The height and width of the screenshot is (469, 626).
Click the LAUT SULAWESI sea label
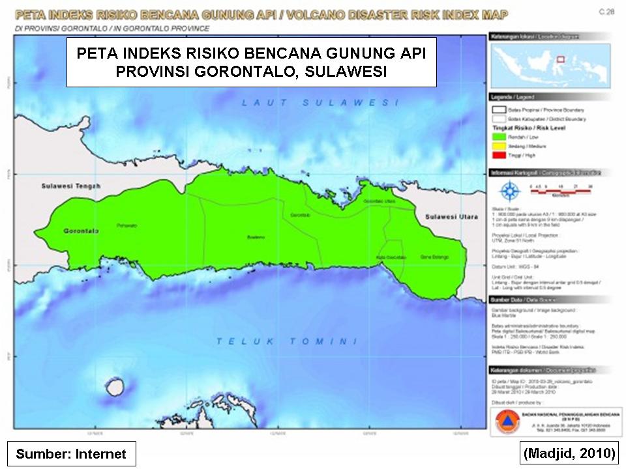[x=320, y=103]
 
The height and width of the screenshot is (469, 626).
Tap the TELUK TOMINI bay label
[x=287, y=341]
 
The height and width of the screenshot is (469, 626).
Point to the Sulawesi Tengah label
[x=71, y=186]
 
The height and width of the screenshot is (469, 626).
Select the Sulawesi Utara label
[x=450, y=216]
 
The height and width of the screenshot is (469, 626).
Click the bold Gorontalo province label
[x=81, y=231]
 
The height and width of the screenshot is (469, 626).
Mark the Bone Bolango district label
[x=434, y=257]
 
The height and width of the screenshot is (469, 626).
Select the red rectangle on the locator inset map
[x=559, y=57]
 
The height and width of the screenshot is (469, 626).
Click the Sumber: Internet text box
[x=71, y=453]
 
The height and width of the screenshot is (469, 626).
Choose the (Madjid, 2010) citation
[x=569, y=453]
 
